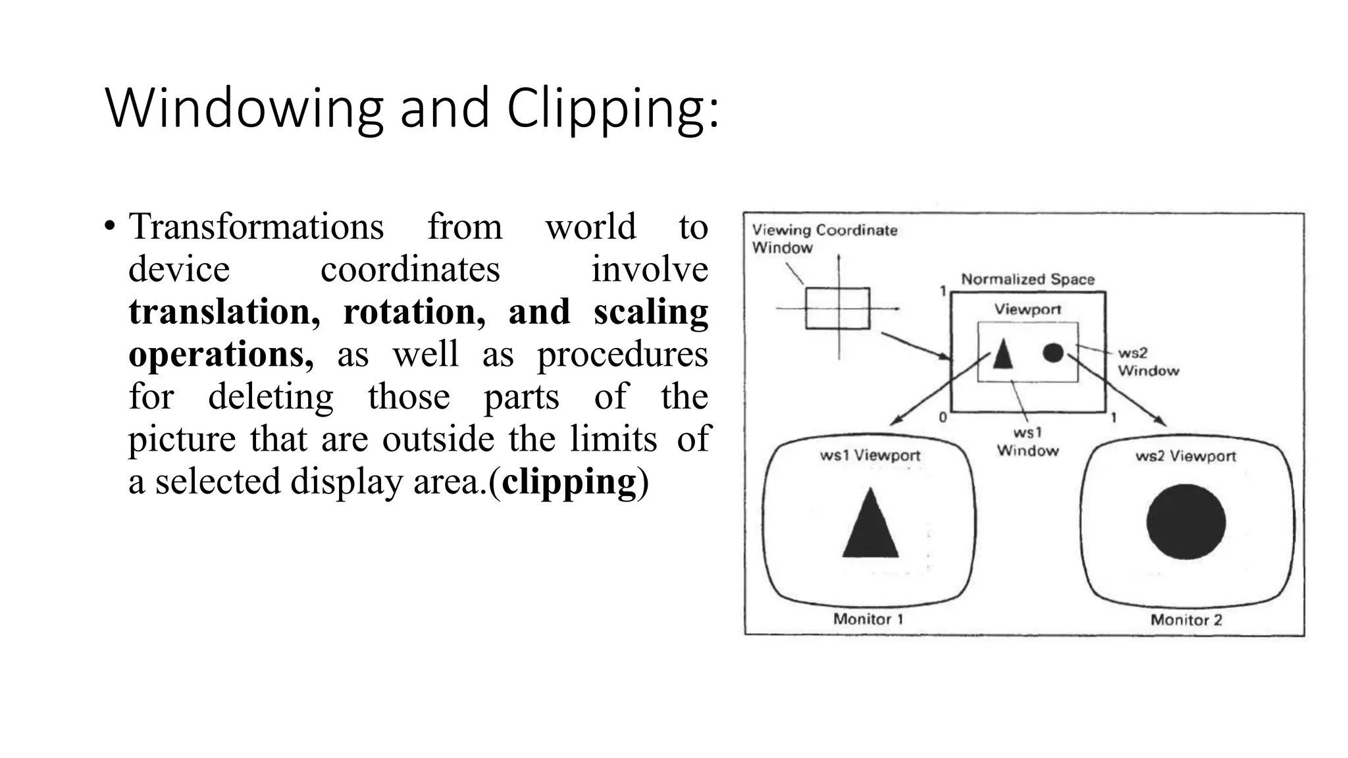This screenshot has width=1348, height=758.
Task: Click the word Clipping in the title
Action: [x=612, y=109]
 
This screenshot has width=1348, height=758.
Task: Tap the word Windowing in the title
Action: [x=244, y=109]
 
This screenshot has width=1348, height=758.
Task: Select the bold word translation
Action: [x=224, y=312]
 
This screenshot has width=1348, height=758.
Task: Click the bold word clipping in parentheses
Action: [x=569, y=482]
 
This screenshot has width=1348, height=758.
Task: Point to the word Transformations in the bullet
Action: [x=256, y=227]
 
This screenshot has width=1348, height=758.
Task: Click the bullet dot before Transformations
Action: [x=109, y=227]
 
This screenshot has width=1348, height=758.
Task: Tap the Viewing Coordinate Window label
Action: [x=824, y=239]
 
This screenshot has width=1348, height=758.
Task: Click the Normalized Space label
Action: [x=1027, y=279]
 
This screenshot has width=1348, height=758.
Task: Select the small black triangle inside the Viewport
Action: [x=1002, y=355]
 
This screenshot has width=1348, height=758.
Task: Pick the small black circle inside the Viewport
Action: [x=1053, y=353]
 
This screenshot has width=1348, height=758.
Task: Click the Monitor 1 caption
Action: [x=868, y=619]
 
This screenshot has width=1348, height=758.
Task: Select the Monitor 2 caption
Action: [x=1186, y=620]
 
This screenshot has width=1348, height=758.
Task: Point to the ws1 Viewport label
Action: [x=869, y=455]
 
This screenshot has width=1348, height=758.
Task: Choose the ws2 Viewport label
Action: [x=1185, y=456]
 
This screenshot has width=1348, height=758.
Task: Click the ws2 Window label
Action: [x=1148, y=362]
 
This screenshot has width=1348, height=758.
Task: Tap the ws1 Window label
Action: [x=1027, y=442]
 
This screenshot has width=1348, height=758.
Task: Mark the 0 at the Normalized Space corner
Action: [x=943, y=417]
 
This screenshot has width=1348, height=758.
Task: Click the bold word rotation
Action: [x=414, y=312]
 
